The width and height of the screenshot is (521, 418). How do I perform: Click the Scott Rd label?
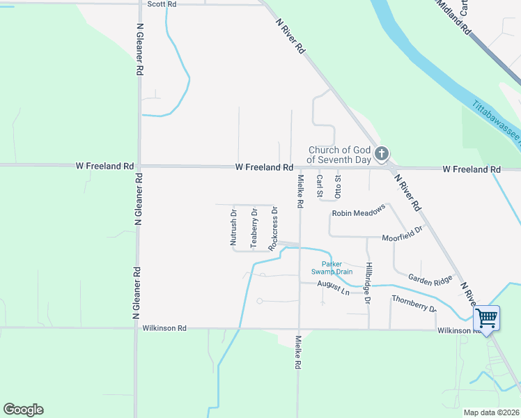(162, 4)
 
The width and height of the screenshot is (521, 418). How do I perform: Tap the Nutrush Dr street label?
(234, 229)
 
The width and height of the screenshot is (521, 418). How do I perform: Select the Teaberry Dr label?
(254, 229)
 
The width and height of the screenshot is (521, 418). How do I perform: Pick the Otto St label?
(338, 187)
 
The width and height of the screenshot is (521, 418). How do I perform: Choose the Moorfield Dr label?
(403, 234)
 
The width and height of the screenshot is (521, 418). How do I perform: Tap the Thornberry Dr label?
(414, 303)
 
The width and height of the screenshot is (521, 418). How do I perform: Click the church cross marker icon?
(381, 154)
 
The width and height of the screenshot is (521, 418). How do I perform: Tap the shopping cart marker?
(486, 318)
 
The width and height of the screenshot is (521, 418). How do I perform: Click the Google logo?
(23, 410)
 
